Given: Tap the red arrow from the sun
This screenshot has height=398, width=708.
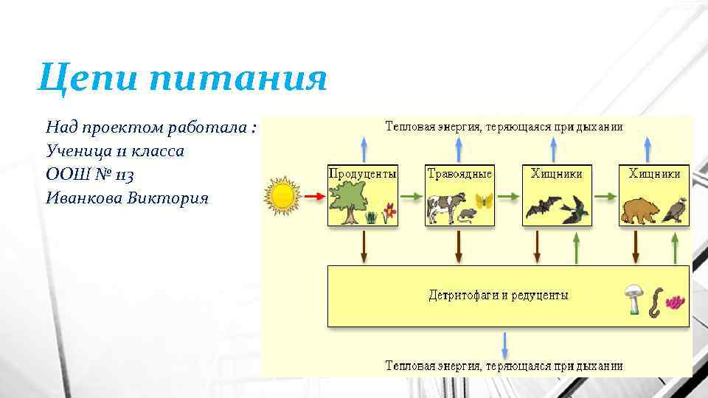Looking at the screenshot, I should click(x=313, y=197).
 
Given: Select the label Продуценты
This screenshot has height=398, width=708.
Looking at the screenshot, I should click(x=362, y=174).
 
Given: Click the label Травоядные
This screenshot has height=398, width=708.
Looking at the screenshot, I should click(x=459, y=174).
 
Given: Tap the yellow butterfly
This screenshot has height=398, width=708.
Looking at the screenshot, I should click(x=483, y=201).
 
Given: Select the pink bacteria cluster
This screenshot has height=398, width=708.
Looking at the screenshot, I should click(x=675, y=301).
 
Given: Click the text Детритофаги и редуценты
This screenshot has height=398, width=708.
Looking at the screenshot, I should click(x=499, y=296).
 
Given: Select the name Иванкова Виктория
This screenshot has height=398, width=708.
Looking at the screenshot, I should click(x=127, y=198).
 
